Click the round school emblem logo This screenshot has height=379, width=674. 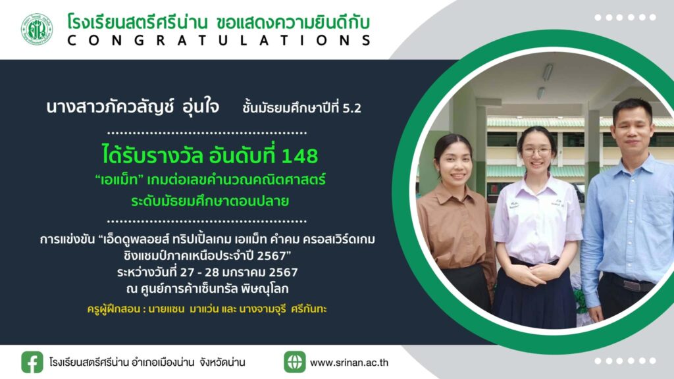point(37,30)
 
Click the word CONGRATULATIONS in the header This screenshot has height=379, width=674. point(219,41)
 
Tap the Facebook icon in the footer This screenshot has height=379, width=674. point(32,362)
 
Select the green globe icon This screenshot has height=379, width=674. point(294,362)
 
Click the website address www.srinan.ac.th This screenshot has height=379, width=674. point(349,363)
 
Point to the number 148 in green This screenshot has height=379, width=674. point(299,155)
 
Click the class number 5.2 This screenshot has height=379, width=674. point(351,109)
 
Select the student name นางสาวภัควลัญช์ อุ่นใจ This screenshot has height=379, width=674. point(132,107)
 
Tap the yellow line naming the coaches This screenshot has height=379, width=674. point(207,309)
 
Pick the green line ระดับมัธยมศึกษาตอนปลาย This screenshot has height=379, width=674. point(210,201)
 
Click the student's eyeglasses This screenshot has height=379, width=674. point(537,152)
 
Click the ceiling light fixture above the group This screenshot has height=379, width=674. point(548,72)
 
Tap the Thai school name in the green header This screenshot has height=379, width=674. point(138,22)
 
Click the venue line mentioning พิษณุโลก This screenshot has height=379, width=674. point(207,290)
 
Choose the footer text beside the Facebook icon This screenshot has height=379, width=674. point(147,363)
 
